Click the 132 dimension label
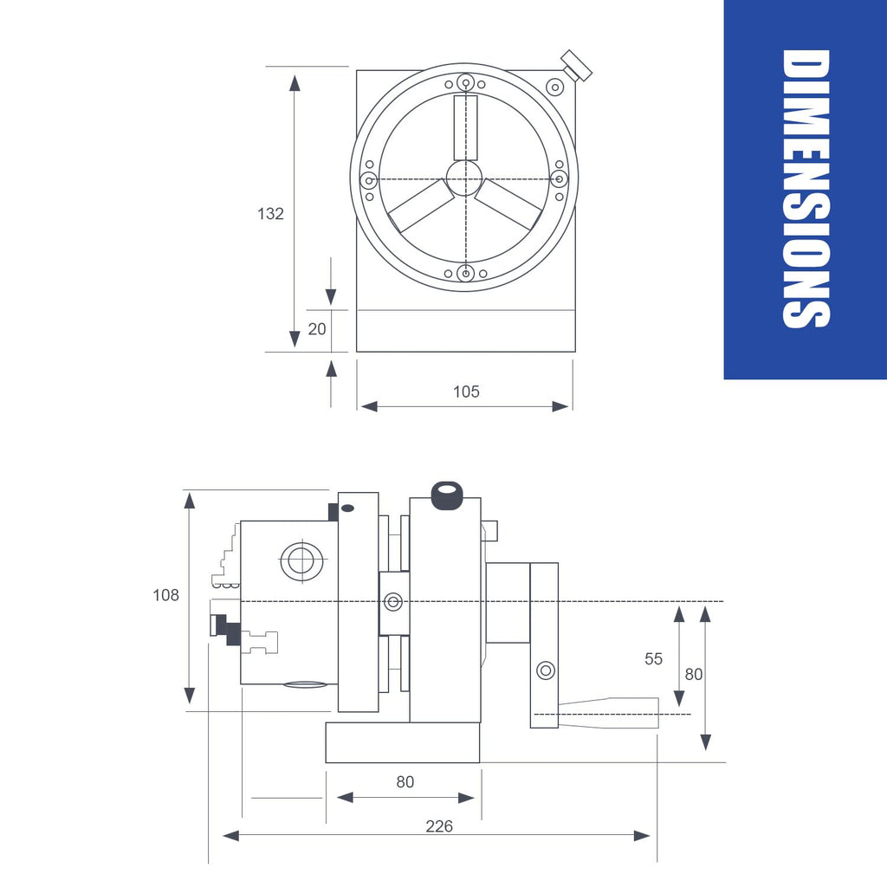pyautogui.click(x=270, y=214)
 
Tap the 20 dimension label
pyautogui.click(x=317, y=329)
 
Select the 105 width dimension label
pyautogui.click(x=466, y=392)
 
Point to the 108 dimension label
pyautogui.click(x=165, y=595)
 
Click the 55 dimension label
pyautogui.click(x=653, y=659)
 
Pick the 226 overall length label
pyautogui.click(x=439, y=826)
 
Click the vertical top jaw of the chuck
pyautogui.click(x=465, y=128)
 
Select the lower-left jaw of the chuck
pyautogui.click(x=421, y=205)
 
